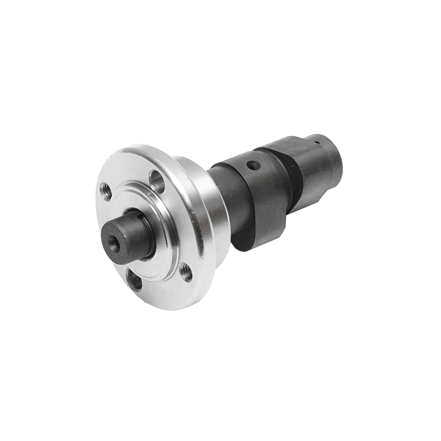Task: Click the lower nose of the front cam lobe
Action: pos(244,243)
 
